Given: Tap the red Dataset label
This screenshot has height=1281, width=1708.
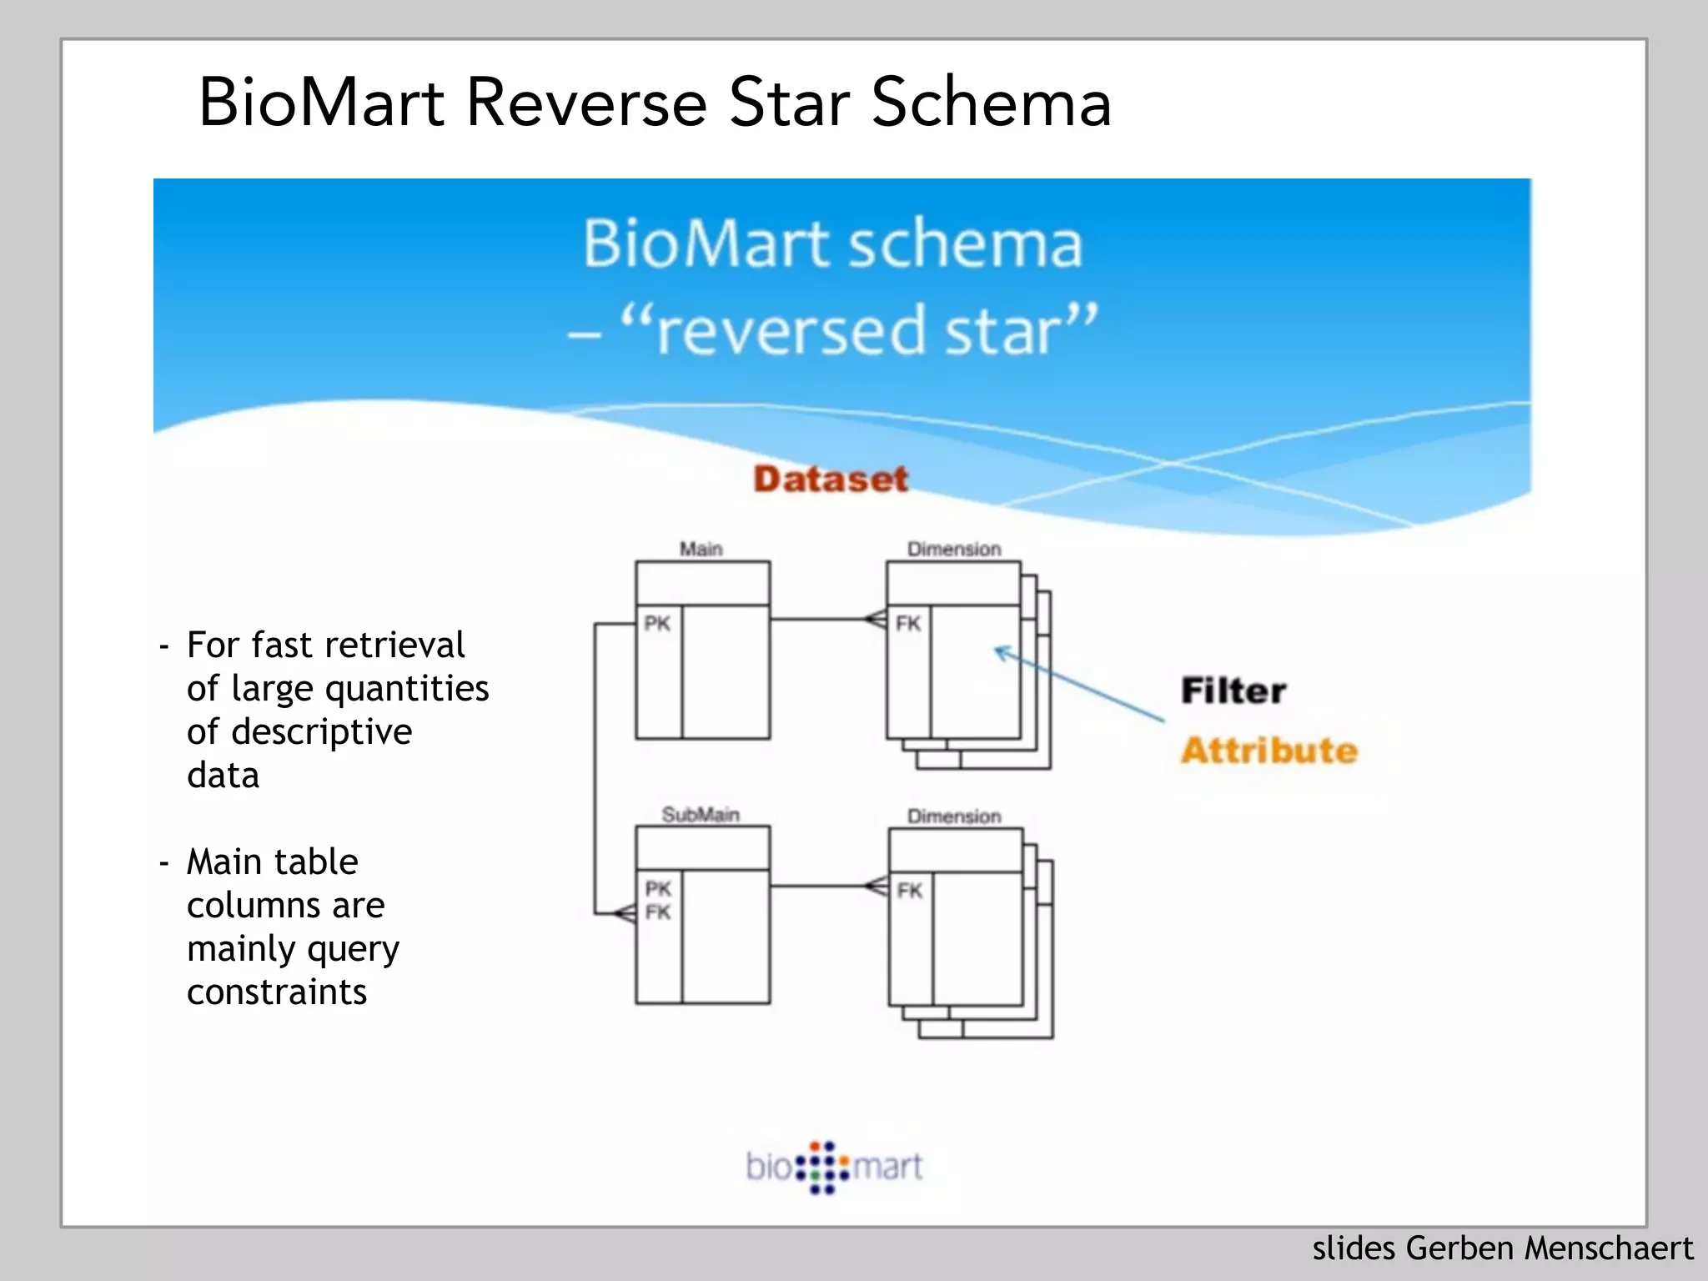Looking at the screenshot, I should click(830, 479).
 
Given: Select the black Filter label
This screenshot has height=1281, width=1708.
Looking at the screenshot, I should click(1233, 691).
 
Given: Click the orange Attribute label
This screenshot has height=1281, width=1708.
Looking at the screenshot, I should click(1268, 751).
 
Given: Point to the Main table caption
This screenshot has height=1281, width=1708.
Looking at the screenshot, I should click(701, 549).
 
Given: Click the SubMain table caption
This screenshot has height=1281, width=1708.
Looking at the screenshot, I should click(701, 814).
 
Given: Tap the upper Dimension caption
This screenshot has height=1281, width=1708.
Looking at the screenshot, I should click(954, 549).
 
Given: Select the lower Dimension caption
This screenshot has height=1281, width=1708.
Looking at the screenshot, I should click(954, 816).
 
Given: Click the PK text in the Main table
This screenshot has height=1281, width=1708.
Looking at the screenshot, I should click(657, 623).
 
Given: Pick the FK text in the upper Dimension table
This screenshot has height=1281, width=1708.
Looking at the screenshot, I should click(908, 623).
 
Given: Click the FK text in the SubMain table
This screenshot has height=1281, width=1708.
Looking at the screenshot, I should click(657, 912).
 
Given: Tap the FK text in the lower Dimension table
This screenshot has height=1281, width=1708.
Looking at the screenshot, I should click(910, 891).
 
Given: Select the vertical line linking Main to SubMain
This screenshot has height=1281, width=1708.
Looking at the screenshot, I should click(595, 767).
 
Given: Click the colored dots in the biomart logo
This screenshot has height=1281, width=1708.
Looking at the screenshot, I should click(822, 1167).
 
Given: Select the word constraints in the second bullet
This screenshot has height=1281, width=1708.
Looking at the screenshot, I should click(277, 992).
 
